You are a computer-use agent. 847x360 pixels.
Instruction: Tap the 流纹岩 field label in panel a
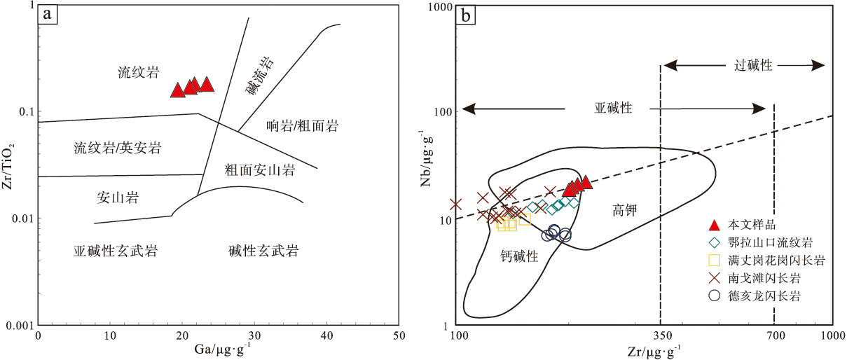tap(138, 72)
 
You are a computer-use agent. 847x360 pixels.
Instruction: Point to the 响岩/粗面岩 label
tap(303, 126)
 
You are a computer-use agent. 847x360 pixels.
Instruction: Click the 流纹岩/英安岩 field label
tap(118, 148)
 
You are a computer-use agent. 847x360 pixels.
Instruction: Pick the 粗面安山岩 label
tap(259, 169)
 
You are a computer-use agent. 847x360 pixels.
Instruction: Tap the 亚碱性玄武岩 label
tap(116, 251)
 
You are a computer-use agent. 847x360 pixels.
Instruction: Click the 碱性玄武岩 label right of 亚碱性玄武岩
tap(263, 251)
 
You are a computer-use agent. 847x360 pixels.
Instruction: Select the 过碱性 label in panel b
tap(753, 65)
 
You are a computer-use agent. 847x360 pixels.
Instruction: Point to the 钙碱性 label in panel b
tap(519, 257)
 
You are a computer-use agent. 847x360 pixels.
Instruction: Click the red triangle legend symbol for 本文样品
tap(714, 225)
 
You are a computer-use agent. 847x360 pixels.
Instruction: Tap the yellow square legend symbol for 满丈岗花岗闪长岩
tap(714, 261)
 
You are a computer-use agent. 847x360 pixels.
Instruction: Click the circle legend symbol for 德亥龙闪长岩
tap(714, 296)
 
